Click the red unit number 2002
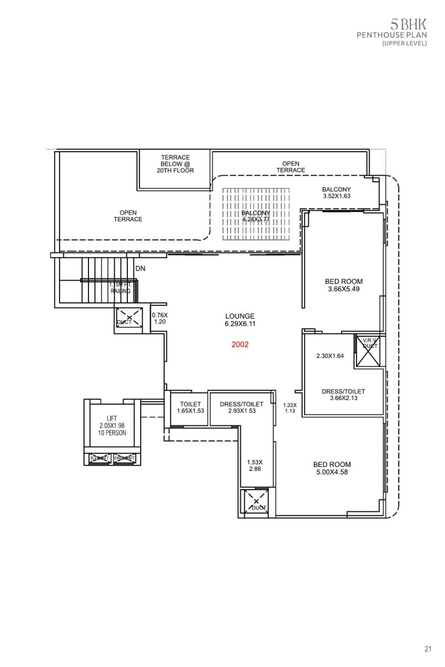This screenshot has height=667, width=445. coord(240,345)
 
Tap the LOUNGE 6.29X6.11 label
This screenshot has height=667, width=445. coord(240,320)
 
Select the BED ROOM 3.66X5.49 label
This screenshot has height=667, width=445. coord(344,286)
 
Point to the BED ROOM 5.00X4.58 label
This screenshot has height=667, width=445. coord(332,469)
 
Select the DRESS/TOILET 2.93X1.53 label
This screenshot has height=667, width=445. coord(241,407)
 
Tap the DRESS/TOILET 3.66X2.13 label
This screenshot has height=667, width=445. coord(343,395)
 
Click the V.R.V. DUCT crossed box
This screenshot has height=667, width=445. coord(369,351)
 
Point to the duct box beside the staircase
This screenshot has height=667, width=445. coord(128,318)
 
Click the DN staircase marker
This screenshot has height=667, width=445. coord(140,268)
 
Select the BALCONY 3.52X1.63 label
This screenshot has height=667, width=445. coord(337,193)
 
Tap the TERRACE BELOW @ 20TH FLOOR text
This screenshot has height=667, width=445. coord(176,164)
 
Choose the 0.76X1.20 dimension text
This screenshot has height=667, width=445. coord(160,318)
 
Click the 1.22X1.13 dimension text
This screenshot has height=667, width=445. coord(289,408)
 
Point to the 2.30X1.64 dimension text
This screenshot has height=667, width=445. coord(330,356)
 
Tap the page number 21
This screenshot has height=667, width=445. coord(428,649)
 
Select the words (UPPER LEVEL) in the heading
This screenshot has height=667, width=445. coord(404,43)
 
